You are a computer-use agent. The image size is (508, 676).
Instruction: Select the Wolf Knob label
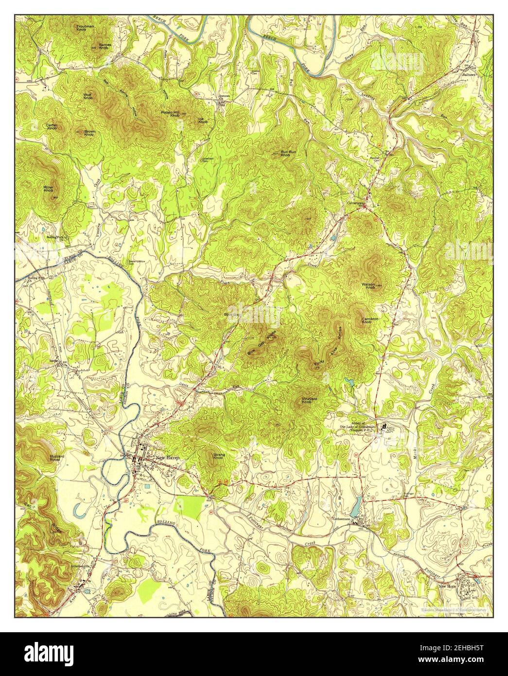coord(88,96)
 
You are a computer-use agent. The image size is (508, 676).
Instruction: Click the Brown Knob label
coord(89,132)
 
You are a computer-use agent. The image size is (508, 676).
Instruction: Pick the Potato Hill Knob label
coord(170,114)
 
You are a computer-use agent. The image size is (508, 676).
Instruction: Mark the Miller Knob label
coord(49,188)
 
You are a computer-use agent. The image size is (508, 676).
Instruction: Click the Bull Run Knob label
coord(285,153)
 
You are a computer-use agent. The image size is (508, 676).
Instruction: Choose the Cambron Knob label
coord(370,320)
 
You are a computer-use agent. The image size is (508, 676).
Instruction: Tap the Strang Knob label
coord(219,456)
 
